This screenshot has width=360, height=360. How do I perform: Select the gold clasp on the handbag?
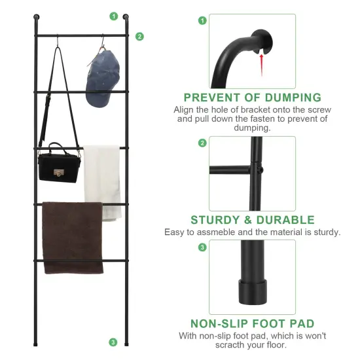point(58,173)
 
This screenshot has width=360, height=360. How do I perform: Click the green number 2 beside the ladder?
point(139,37)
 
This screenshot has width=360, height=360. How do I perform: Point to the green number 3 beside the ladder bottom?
point(113,342)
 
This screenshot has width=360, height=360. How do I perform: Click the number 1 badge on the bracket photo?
point(202,20)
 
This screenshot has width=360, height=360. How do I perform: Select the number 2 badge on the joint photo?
point(202,143)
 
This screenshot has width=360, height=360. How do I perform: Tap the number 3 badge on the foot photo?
point(202,247)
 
